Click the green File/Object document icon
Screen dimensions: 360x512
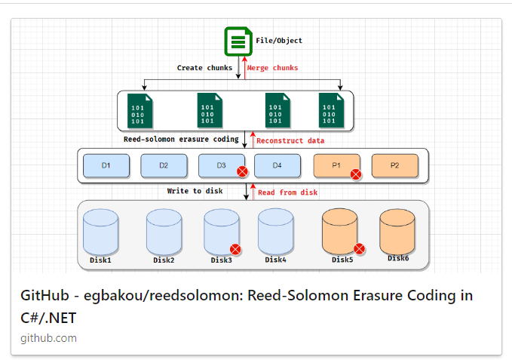(x=238, y=41)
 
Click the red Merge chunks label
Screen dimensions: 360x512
(x=272, y=68)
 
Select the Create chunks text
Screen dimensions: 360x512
(x=204, y=68)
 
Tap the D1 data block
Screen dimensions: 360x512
(x=106, y=165)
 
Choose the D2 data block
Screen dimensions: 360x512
(x=164, y=165)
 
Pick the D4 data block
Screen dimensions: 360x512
(x=277, y=165)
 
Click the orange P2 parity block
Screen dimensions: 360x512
(x=395, y=165)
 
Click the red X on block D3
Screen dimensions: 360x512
(x=242, y=172)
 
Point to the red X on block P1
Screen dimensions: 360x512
(x=356, y=174)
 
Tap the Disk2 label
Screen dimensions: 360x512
(x=164, y=260)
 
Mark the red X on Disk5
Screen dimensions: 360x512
(x=360, y=248)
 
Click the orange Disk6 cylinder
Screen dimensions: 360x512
(x=397, y=232)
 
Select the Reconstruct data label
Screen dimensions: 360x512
(x=290, y=140)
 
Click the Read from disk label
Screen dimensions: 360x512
(x=287, y=192)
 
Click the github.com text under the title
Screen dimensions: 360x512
(x=48, y=338)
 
